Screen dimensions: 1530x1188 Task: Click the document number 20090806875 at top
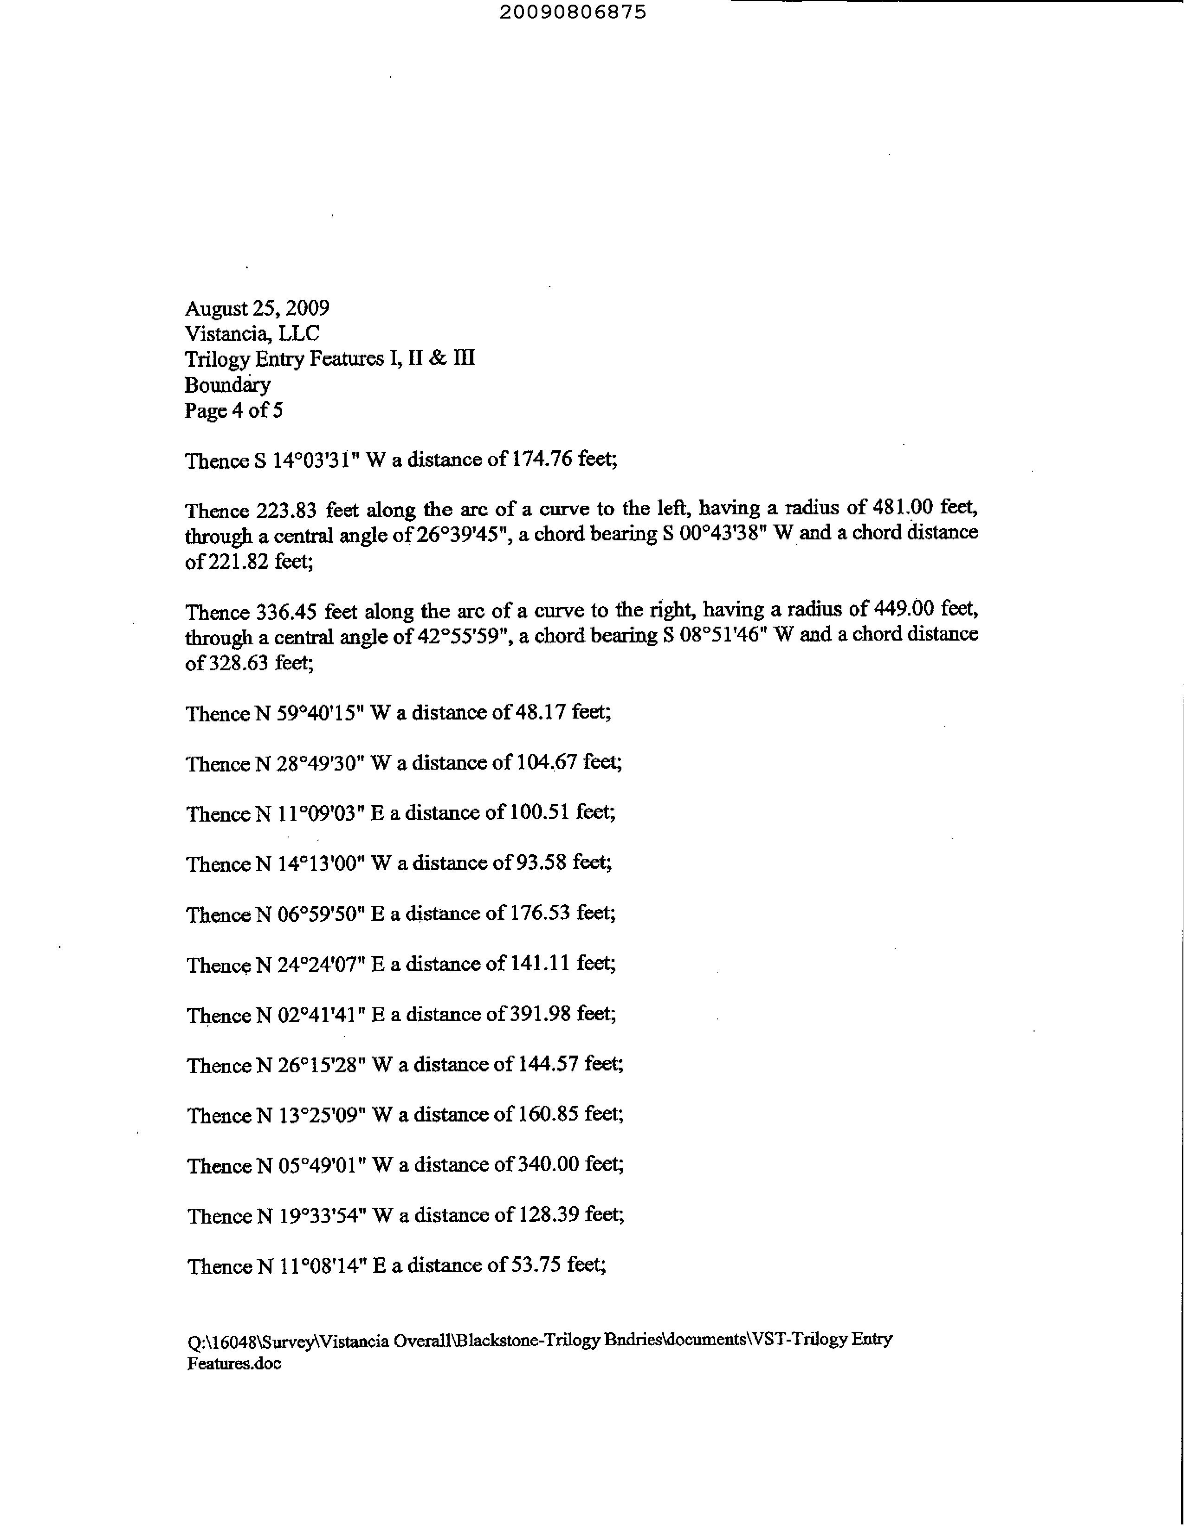click(x=573, y=13)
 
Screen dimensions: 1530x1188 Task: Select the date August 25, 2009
click(x=257, y=308)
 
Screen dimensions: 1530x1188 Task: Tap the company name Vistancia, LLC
click(x=252, y=333)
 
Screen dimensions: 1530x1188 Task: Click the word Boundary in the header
click(x=228, y=385)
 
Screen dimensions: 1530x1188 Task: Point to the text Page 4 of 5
click(x=234, y=410)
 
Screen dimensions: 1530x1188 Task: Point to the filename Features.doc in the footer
click(x=234, y=1363)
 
